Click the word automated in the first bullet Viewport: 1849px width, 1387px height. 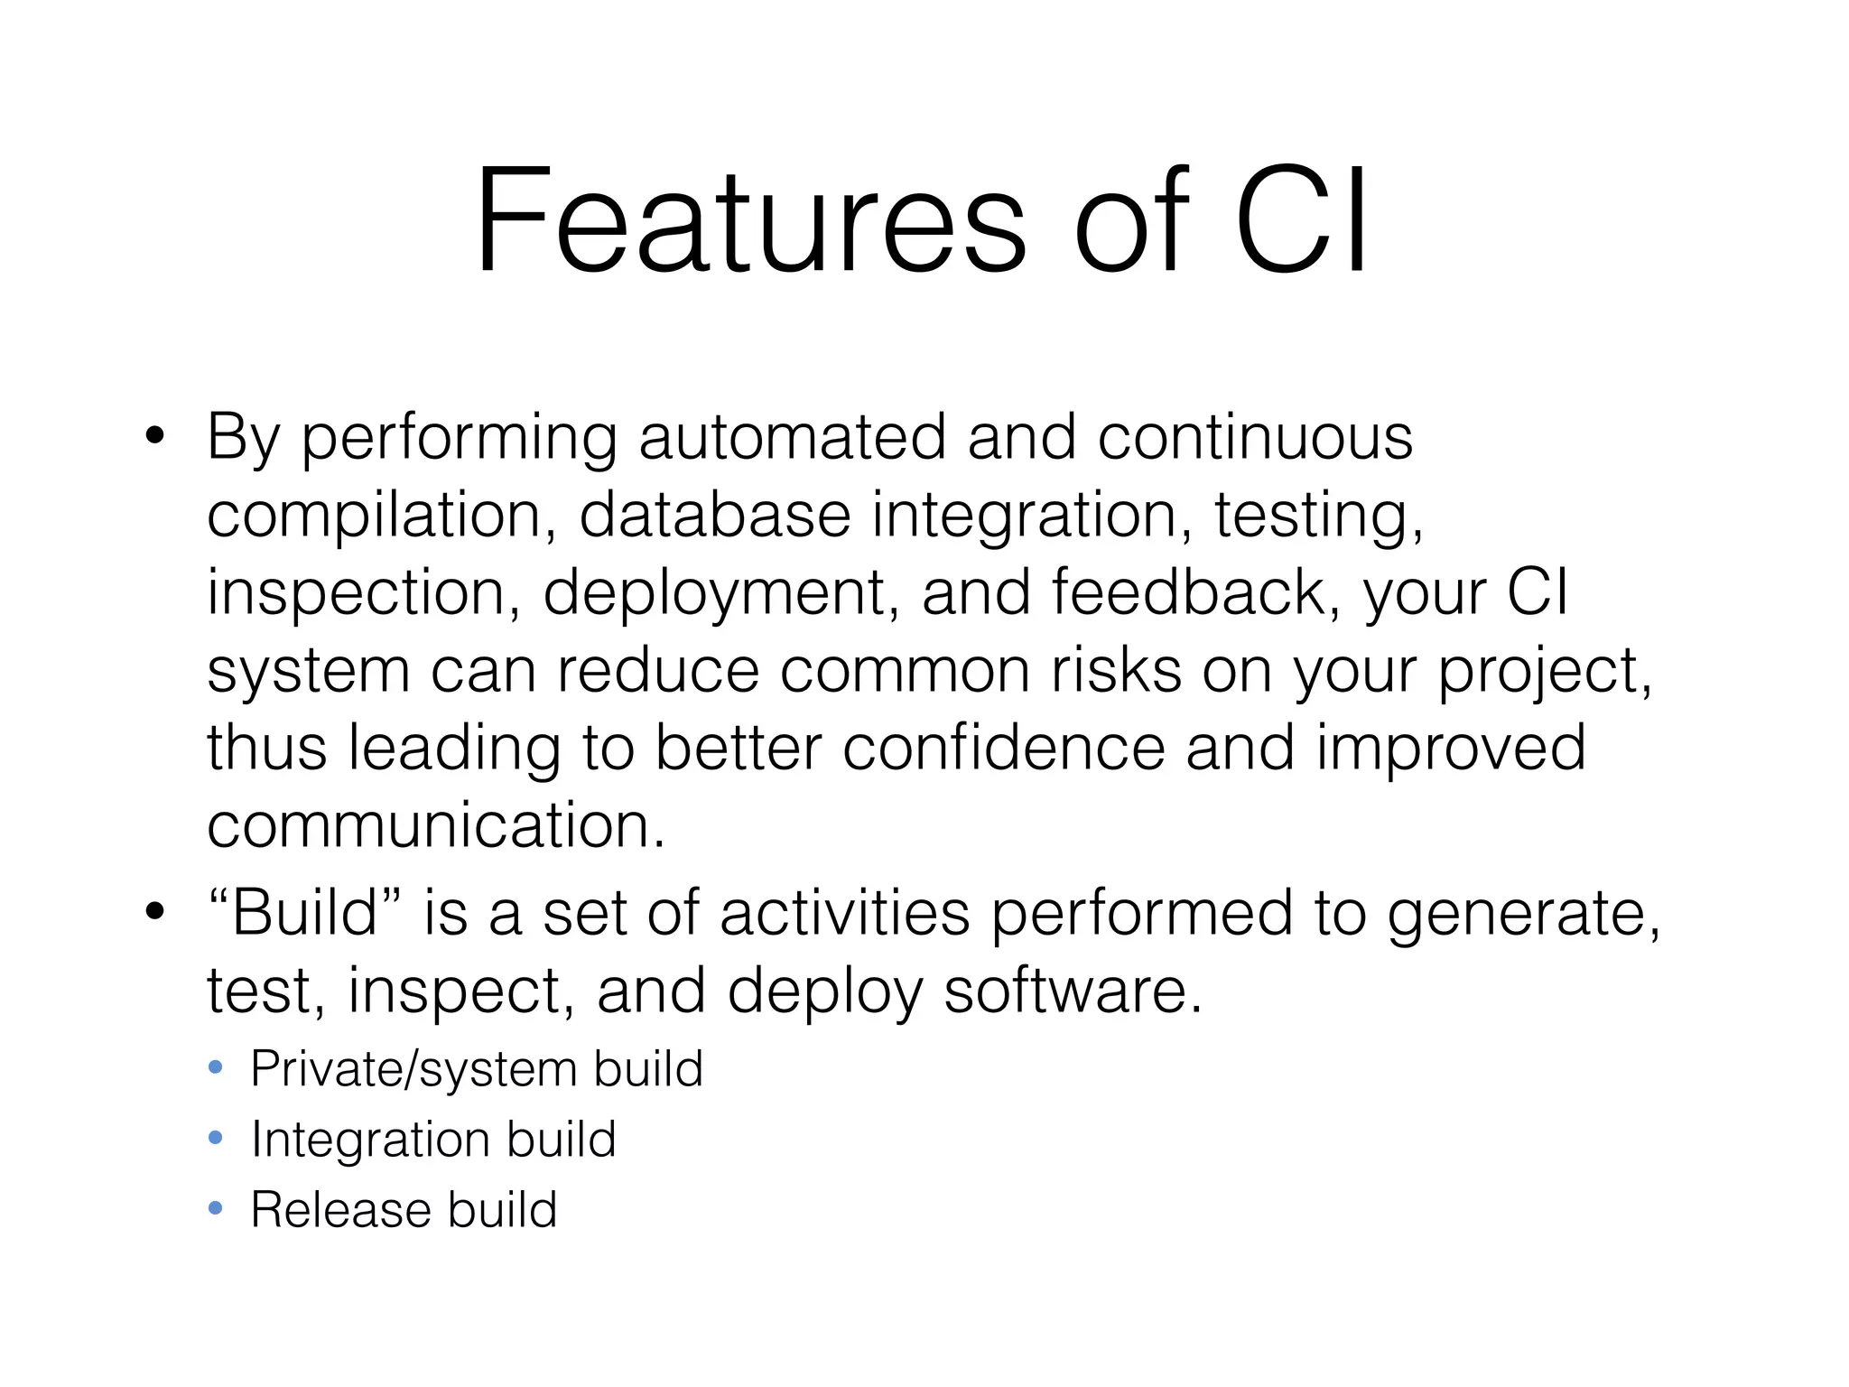click(792, 438)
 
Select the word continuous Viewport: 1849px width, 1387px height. click(1255, 438)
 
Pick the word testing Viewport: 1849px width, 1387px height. click(1317, 517)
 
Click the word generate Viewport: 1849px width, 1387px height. click(1522, 914)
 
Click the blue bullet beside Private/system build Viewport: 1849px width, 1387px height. click(215, 1068)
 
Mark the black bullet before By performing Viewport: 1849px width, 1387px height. click(154, 438)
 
